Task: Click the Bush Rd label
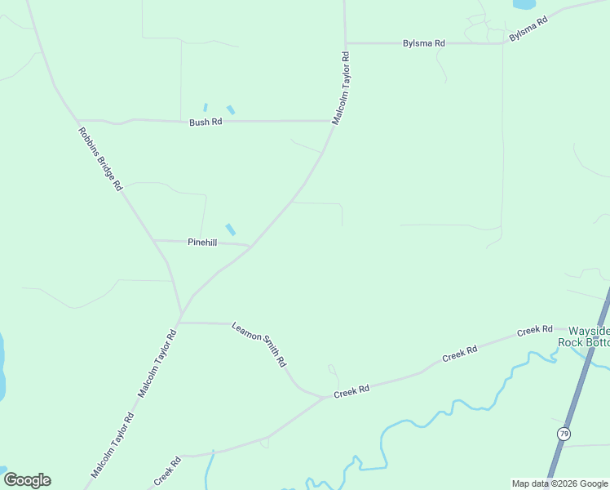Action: click(x=206, y=122)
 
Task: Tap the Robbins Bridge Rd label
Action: click(x=99, y=158)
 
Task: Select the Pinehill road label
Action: click(x=202, y=243)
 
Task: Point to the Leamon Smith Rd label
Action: click(x=259, y=343)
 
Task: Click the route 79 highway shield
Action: click(x=563, y=433)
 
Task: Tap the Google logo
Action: click(x=27, y=479)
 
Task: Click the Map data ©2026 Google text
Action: click(x=559, y=483)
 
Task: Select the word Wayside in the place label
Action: click(x=588, y=330)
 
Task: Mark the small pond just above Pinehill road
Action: click(x=231, y=229)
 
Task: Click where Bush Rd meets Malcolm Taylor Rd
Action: click(x=331, y=121)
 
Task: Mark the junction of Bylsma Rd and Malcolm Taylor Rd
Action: click(x=346, y=43)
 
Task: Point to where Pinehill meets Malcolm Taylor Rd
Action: click(x=250, y=245)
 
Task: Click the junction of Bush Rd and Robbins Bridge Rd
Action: click(x=77, y=120)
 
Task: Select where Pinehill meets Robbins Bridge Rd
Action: click(x=153, y=241)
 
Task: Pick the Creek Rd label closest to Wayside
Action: click(x=535, y=332)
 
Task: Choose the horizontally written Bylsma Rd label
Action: click(x=424, y=43)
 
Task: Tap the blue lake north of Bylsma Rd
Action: click(x=524, y=4)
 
